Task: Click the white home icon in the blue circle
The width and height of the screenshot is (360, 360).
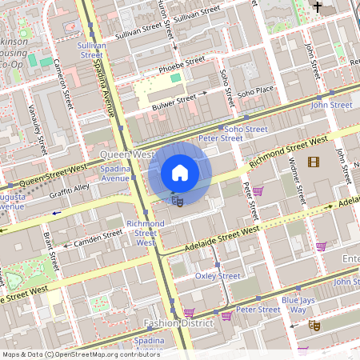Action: (180, 173)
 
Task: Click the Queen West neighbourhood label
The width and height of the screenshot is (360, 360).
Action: (126, 153)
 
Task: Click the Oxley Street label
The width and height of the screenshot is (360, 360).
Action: (218, 276)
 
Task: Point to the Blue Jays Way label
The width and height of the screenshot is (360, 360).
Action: (298, 305)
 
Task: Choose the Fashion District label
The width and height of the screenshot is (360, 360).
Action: (178, 323)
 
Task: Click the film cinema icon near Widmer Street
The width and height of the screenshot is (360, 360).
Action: (313, 163)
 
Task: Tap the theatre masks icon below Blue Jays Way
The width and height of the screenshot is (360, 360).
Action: (315, 325)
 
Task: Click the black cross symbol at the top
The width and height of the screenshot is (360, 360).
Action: (318, 6)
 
